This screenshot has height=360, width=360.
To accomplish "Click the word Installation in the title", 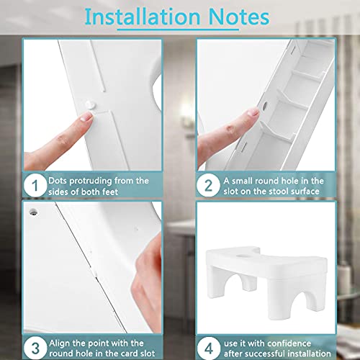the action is pyautogui.click(x=143, y=17).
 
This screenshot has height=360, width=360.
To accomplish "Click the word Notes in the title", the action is pyautogui.click(x=239, y=17).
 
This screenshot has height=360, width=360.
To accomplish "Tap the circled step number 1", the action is pyautogui.click(x=35, y=186).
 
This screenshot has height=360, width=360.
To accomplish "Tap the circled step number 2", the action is pyautogui.click(x=208, y=186).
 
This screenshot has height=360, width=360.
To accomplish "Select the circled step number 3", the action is pyautogui.click(x=35, y=348).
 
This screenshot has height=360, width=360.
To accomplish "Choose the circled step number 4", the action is pyautogui.click(x=209, y=348).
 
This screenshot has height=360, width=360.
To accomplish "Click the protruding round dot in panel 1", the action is pyautogui.click(x=91, y=105).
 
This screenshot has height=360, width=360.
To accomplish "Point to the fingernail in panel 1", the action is pyautogui.click(x=87, y=117).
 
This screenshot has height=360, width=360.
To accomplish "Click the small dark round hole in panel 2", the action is pyautogui.click(x=265, y=106).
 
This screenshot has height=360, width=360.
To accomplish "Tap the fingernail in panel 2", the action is pyautogui.click(x=253, y=112).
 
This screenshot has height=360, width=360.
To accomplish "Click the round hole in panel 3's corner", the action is pyautogui.click(x=33, y=212).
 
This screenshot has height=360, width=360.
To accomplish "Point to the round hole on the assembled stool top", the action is pyautogui.click(x=243, y=256).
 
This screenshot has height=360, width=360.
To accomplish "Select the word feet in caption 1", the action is pyautogui.click(x=110, y=192).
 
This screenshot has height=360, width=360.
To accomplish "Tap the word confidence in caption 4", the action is pyautogui.click(x=287, y=343).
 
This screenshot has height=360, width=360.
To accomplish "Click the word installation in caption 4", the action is pyautogui.click(x=309, y=354).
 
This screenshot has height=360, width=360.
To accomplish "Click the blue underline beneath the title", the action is pyautogui.click(x=178, y=30).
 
